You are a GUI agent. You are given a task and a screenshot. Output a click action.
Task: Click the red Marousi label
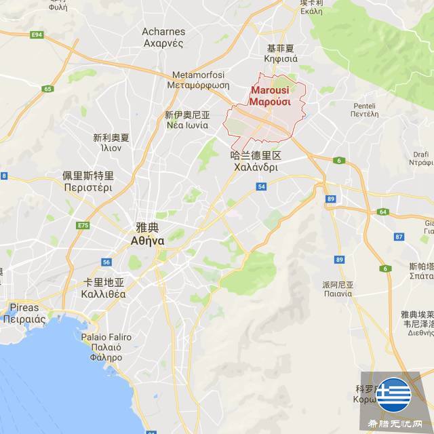[270, 90]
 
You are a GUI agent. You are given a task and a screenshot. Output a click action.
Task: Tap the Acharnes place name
[163, 31]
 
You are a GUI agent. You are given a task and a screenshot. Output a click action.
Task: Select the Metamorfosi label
[193, 75]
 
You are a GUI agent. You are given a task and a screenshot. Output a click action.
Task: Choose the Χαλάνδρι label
[256, 167]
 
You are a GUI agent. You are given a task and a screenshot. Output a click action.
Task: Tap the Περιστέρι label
[88, 188]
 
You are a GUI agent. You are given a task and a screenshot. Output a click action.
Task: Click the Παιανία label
[337, 294]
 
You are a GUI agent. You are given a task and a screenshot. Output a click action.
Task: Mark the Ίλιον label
[111, 148]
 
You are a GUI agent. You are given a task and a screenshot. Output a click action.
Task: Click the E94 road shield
[37, 34]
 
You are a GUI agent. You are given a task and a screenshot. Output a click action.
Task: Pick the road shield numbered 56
[106, 262]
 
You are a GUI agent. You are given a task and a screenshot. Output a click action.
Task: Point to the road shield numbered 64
[383, 212]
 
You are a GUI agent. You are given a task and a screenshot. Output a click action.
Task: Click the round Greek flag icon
[394, 395]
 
